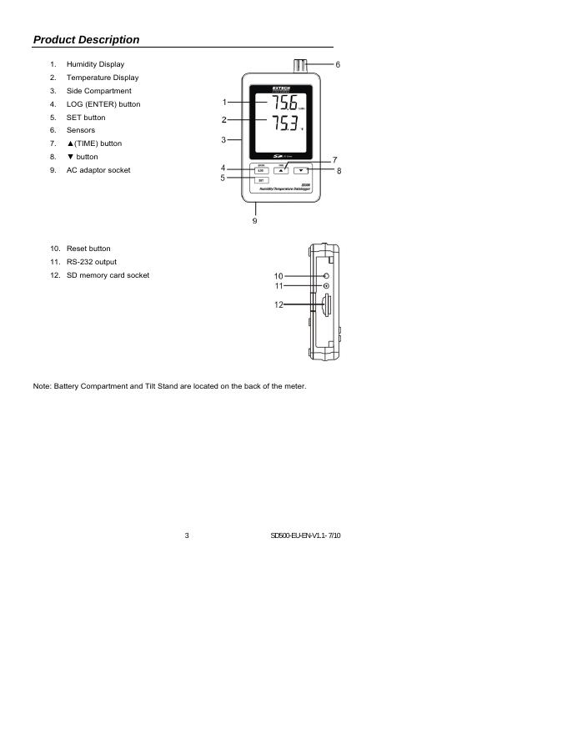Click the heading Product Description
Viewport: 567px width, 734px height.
pyautogui.click(x=86, y=39)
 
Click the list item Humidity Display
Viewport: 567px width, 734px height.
pyautogui.click(x=96, y=64)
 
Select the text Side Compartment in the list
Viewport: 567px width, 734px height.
pyautogui.click(x=98, y=91)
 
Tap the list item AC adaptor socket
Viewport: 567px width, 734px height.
pyautogui.click(x=98, y=170)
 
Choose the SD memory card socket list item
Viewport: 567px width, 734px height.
pyautogui.click(x=108, y=275)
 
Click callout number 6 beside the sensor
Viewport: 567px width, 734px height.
pyautogui.click(x=338, y=64)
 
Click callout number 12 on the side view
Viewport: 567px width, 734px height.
pyautogui.click(x=279, y=305)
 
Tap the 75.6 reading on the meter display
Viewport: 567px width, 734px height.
pyautogui.click(x=277, y=103)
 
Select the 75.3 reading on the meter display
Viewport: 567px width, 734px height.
pyautogui.click(x=277, y=125)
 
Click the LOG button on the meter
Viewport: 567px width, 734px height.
pyautogui.click(x=260, y=170)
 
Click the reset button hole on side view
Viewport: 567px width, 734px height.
pyautogui.click(x=325, y=275)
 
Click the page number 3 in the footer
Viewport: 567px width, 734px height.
pyautogui.click(x=187, y=535)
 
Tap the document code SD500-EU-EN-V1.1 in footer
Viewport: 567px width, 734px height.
pyautogui.click(x=306, y=535)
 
